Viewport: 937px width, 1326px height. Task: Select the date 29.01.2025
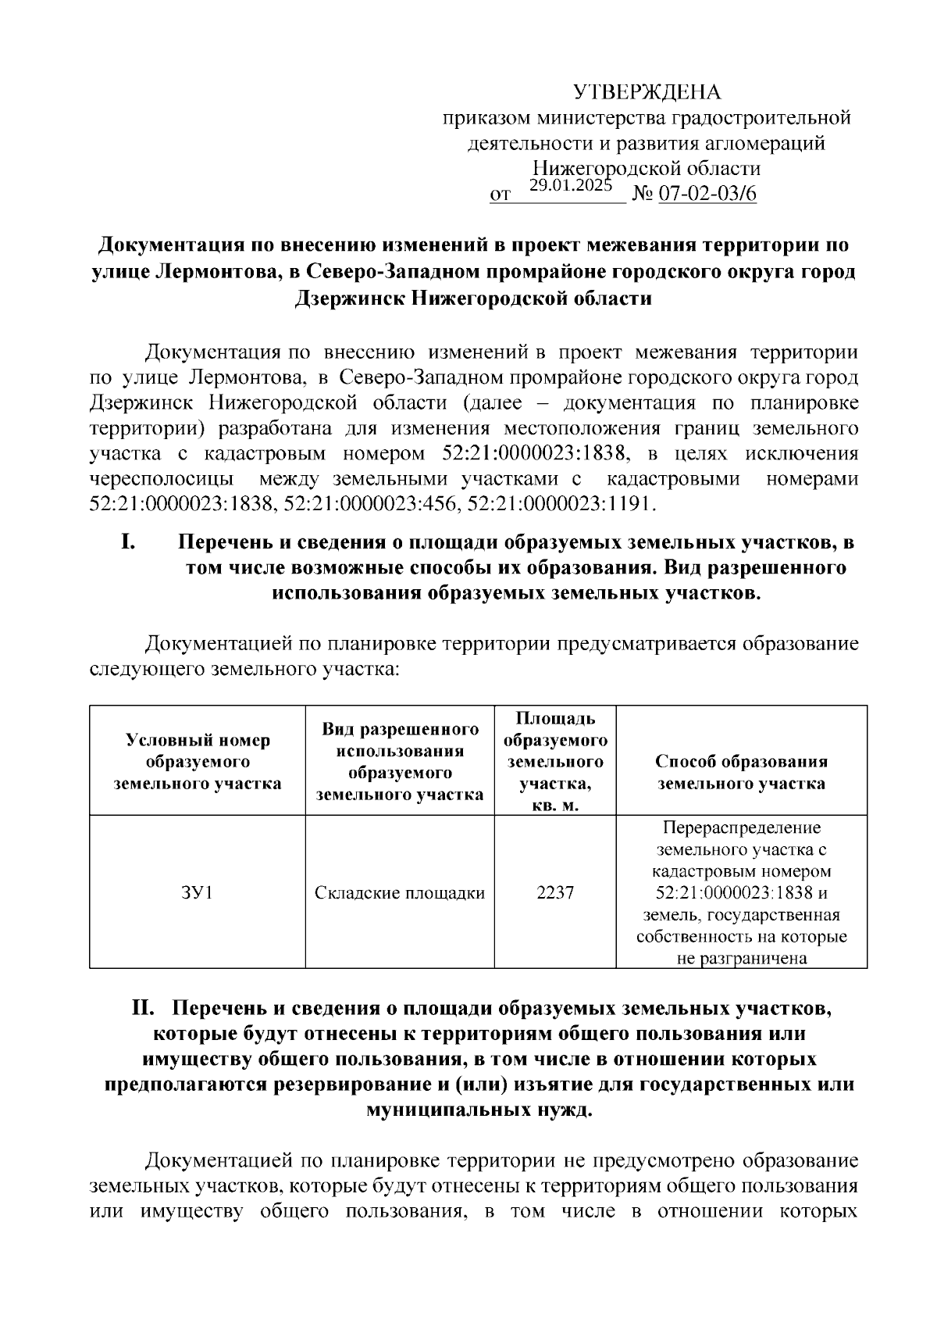tap(571, 185)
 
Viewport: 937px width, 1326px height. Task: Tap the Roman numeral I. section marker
tap(130, 541)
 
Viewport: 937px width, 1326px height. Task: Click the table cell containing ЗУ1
tap(197, 892)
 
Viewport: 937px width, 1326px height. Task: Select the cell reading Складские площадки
tap(399, 892)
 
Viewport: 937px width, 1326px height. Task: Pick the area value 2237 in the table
tap(555, 892)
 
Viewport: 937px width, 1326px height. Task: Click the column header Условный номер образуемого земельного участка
tap(197, 762)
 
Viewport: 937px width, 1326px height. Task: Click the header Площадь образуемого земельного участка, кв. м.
tap(555, 762)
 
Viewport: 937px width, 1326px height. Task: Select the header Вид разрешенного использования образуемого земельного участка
tap(399, 762)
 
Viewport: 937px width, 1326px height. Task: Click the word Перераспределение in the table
tap(741, 827)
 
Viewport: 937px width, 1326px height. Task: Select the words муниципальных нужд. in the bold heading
tap(479, 1110)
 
